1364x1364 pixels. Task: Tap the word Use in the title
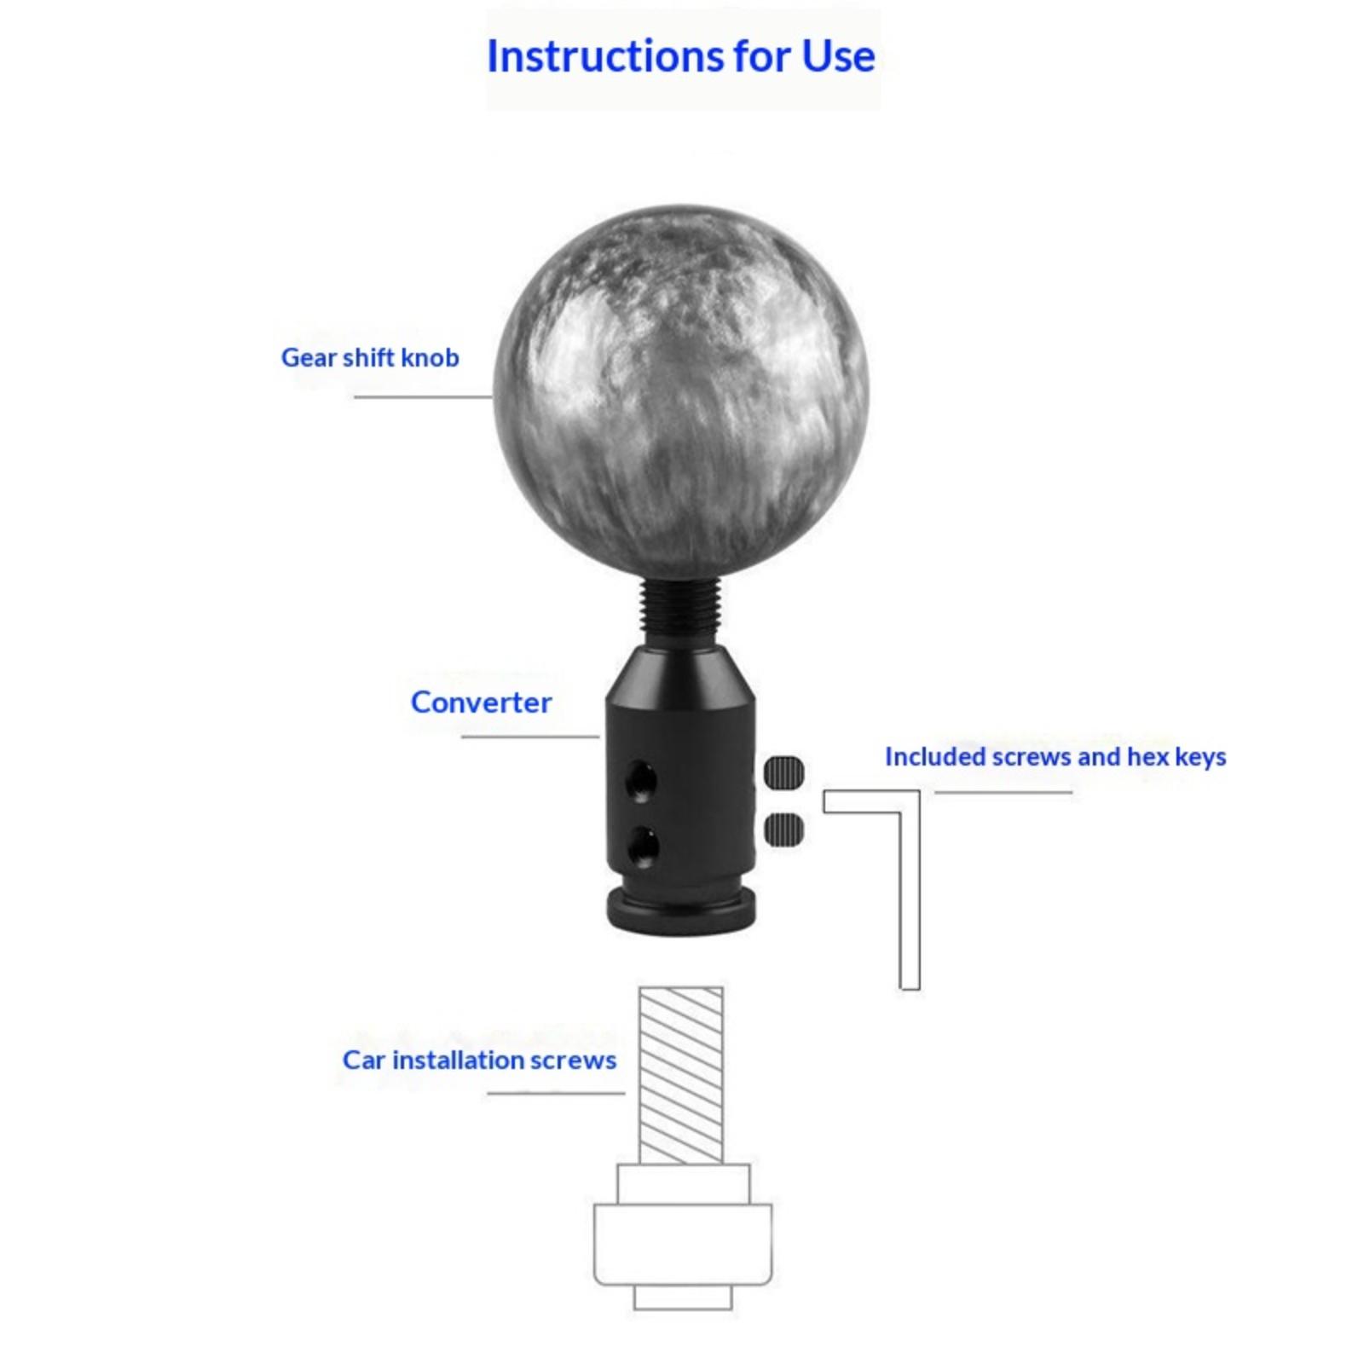(x=838, y=56)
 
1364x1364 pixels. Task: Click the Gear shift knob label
(x=370, y=357)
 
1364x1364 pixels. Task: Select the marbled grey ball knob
(x=681, y=390)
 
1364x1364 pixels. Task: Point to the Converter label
(x=481, y=702)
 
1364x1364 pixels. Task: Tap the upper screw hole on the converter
(x=640, y=778)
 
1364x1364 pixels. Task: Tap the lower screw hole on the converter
(x=642, y=846)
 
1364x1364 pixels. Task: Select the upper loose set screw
(x=784, y=772)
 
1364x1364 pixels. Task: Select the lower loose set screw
(x=784, y=829)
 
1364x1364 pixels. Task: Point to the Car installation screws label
(x=479, y=1060)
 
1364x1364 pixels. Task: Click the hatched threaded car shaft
(x=681, y=1076)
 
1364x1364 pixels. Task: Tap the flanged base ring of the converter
(x=681, y=911)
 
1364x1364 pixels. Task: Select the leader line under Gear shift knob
(x=424, y=396)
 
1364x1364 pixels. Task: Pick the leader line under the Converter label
(x=530, y=737)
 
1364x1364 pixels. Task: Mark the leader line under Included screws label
(x=1003, y=792)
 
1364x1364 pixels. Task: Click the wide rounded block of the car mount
(x=683, y=1244)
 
